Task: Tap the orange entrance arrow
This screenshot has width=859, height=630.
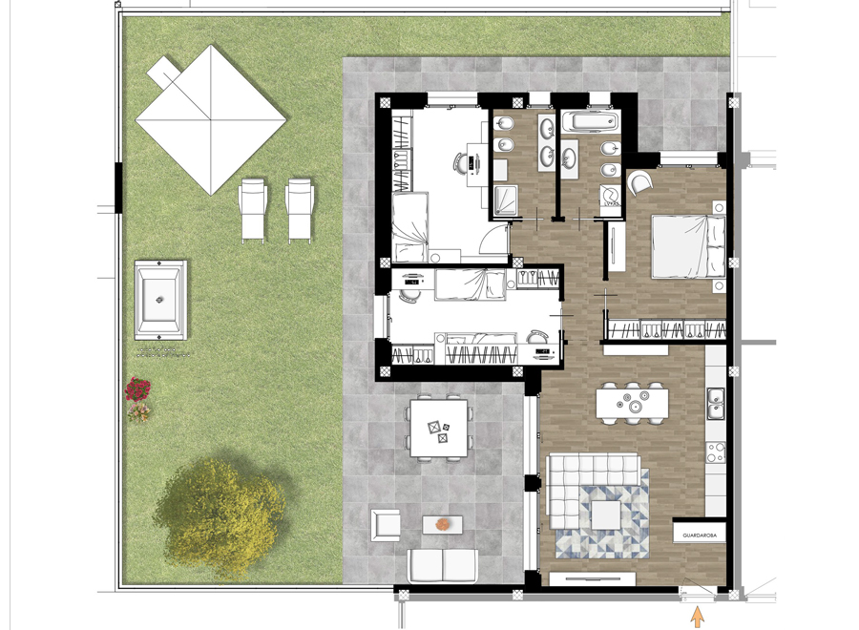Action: click(698, 617)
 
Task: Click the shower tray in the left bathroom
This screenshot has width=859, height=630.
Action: click(503, 200)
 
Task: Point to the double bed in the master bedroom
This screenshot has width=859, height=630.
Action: click(686, 244)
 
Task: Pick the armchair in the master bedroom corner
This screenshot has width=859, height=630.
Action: click(640, 182)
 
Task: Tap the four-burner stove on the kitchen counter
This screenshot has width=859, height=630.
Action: click(717, 453)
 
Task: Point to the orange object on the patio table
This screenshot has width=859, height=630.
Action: click(443, 524)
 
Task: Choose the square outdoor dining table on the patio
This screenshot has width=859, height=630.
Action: click(438, 429)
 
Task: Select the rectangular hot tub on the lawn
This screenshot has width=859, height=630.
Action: click(160, 300)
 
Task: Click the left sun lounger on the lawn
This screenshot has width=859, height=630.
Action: click(253, 209)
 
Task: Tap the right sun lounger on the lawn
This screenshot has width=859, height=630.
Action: click(300, 209)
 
